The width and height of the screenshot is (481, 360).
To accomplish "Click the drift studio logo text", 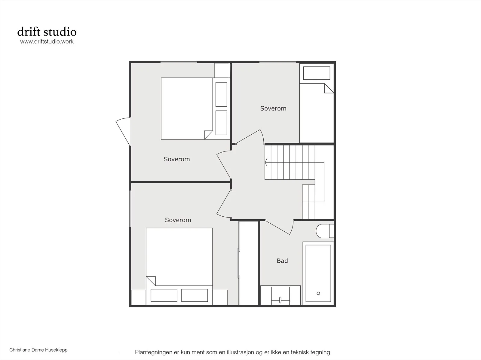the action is tap(47, 32).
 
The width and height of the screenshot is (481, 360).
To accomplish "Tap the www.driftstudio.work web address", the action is tap(47, 41).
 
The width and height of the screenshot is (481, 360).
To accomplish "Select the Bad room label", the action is tap(282, 261).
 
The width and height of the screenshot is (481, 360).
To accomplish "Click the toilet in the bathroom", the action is tap(325, 231).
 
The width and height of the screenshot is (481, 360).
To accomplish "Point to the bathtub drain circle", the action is tap(318, 293).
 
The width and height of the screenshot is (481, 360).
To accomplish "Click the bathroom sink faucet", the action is tap(280, 300).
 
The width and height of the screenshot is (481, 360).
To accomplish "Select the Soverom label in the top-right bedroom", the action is tap(273, 108).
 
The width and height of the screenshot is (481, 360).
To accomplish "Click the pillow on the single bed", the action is tap(317, 73).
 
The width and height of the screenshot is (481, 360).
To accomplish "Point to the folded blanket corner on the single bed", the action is tap(329, 88).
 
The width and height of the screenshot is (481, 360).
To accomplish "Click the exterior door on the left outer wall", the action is tap(123, 131).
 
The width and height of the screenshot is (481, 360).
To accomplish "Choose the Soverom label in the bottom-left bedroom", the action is tap(178, 220).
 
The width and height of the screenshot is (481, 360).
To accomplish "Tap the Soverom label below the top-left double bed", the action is tap(177, 159).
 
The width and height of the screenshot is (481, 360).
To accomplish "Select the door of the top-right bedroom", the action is tap(250, 137).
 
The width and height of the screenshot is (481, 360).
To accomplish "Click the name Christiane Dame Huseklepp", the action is tap(38, 350).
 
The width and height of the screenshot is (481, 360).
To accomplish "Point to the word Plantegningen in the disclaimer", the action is tap(154, 352).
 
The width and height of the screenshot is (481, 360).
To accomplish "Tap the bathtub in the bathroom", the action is tap(318, 273).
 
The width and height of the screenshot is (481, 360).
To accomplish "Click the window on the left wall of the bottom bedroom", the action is tap(130, 209).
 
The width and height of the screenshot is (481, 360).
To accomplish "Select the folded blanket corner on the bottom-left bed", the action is tap(151, 281).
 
